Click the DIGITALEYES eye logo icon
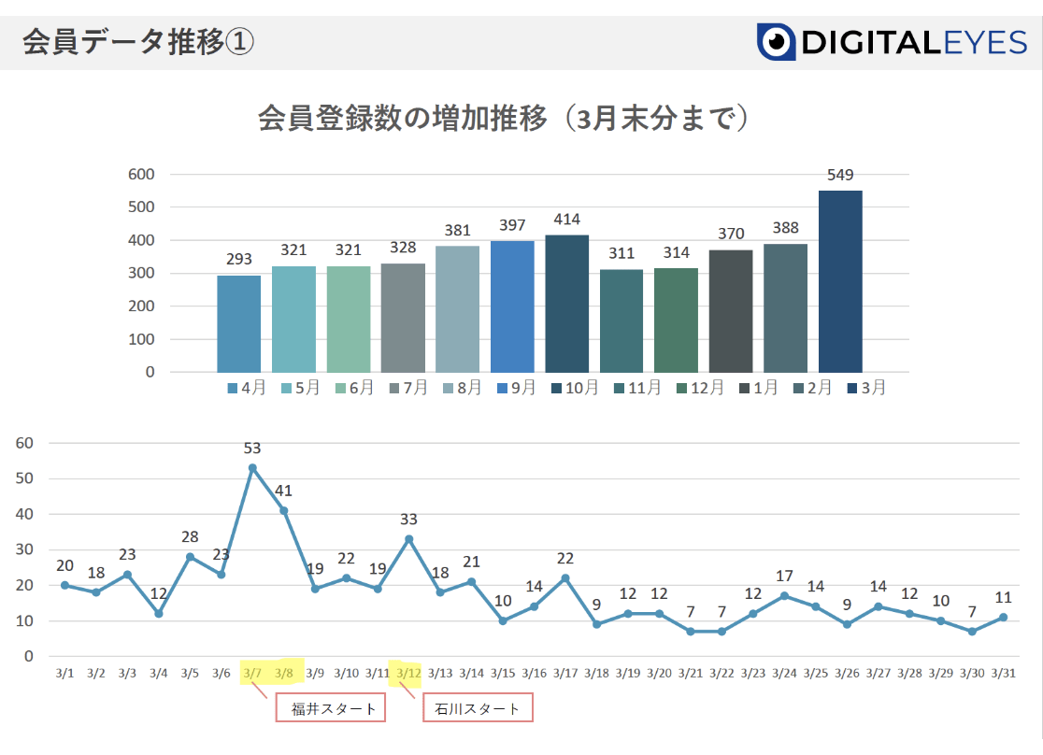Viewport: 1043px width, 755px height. click(x=776, y=43)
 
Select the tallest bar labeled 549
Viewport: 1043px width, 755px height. click(x=840, y=281)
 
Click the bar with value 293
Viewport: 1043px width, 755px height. click(x=238, y=323)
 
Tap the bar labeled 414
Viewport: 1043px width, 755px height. click(x=567, y=304)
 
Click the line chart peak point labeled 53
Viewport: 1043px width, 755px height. click(x=252, y=468)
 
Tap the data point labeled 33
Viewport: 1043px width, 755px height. click(x=408, y=538)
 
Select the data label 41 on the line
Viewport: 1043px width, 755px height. click(x=283, y=491)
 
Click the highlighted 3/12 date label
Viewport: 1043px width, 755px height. click(x=408, y=673)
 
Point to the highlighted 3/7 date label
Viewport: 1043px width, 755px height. click(x=252, y=673)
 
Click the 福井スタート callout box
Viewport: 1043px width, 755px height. click(x=331, y=709)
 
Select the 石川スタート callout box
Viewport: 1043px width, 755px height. click(x=479, y=709)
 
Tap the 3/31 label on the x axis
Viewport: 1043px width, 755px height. click(x=1003, y=673)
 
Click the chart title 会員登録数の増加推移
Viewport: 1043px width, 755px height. click(x=402, y=120)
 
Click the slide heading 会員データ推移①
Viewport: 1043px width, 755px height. click(x=136, y=43)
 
